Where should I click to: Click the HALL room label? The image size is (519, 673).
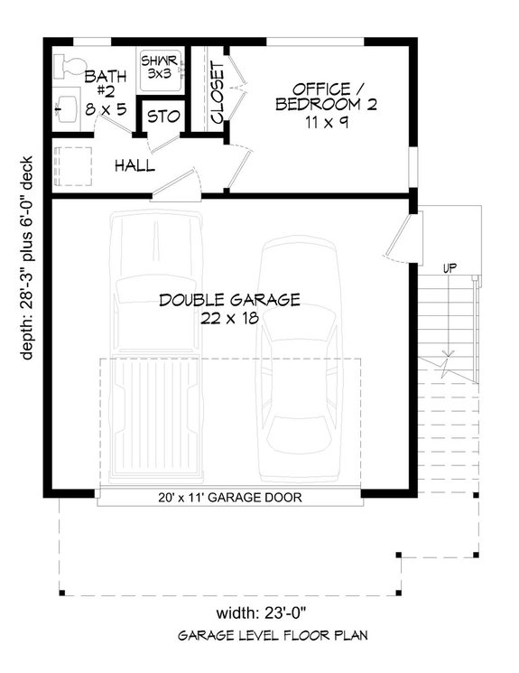coord(134,166)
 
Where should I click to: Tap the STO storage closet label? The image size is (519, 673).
coord(163,117)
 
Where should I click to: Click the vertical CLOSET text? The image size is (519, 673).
coord(218,93)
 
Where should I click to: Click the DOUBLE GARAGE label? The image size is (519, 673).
coord(229,300)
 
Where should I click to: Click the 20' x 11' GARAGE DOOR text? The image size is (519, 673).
coord(229,497)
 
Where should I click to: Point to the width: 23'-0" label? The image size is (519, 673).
coord(229,610)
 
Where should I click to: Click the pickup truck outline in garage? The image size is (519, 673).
coord(153,343)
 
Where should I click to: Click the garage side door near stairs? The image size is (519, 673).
coord(403,237)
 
